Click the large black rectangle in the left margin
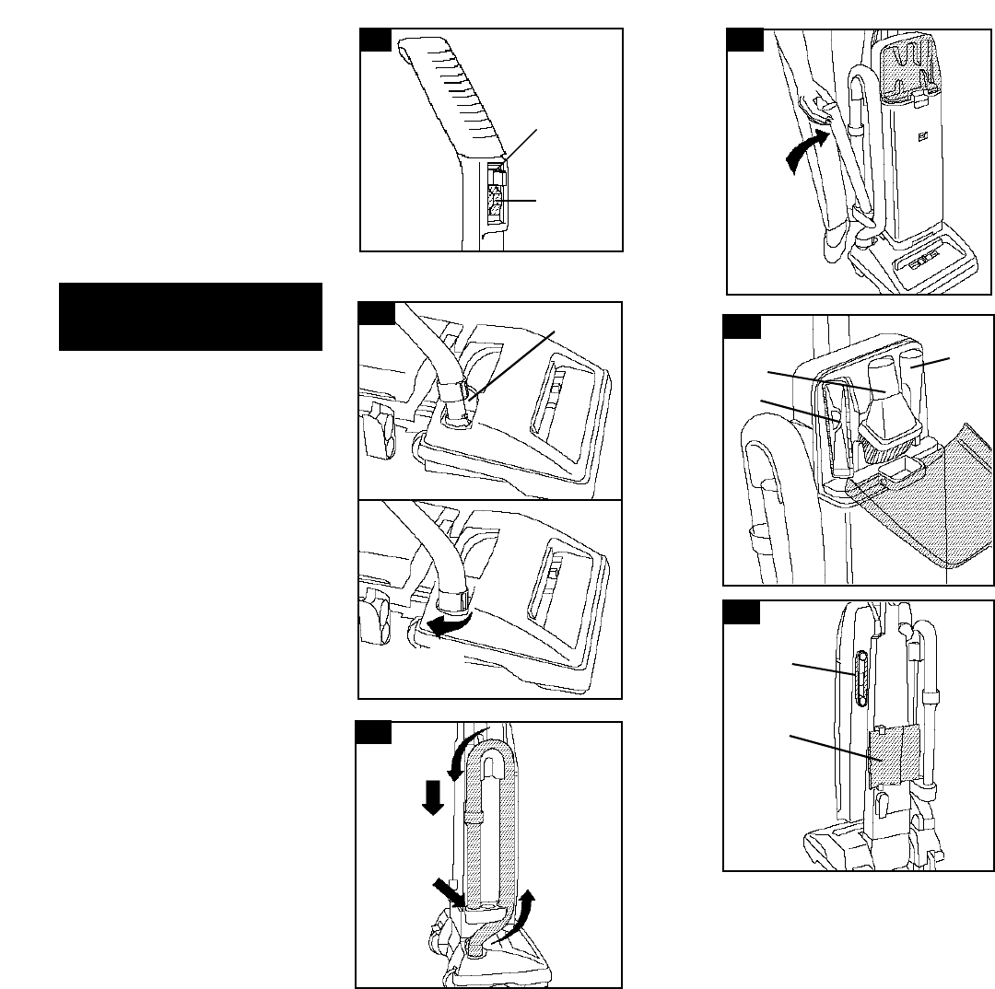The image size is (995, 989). point(190,317)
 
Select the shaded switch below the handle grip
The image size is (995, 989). point(496,203)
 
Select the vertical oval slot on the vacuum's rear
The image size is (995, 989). point(861,679)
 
